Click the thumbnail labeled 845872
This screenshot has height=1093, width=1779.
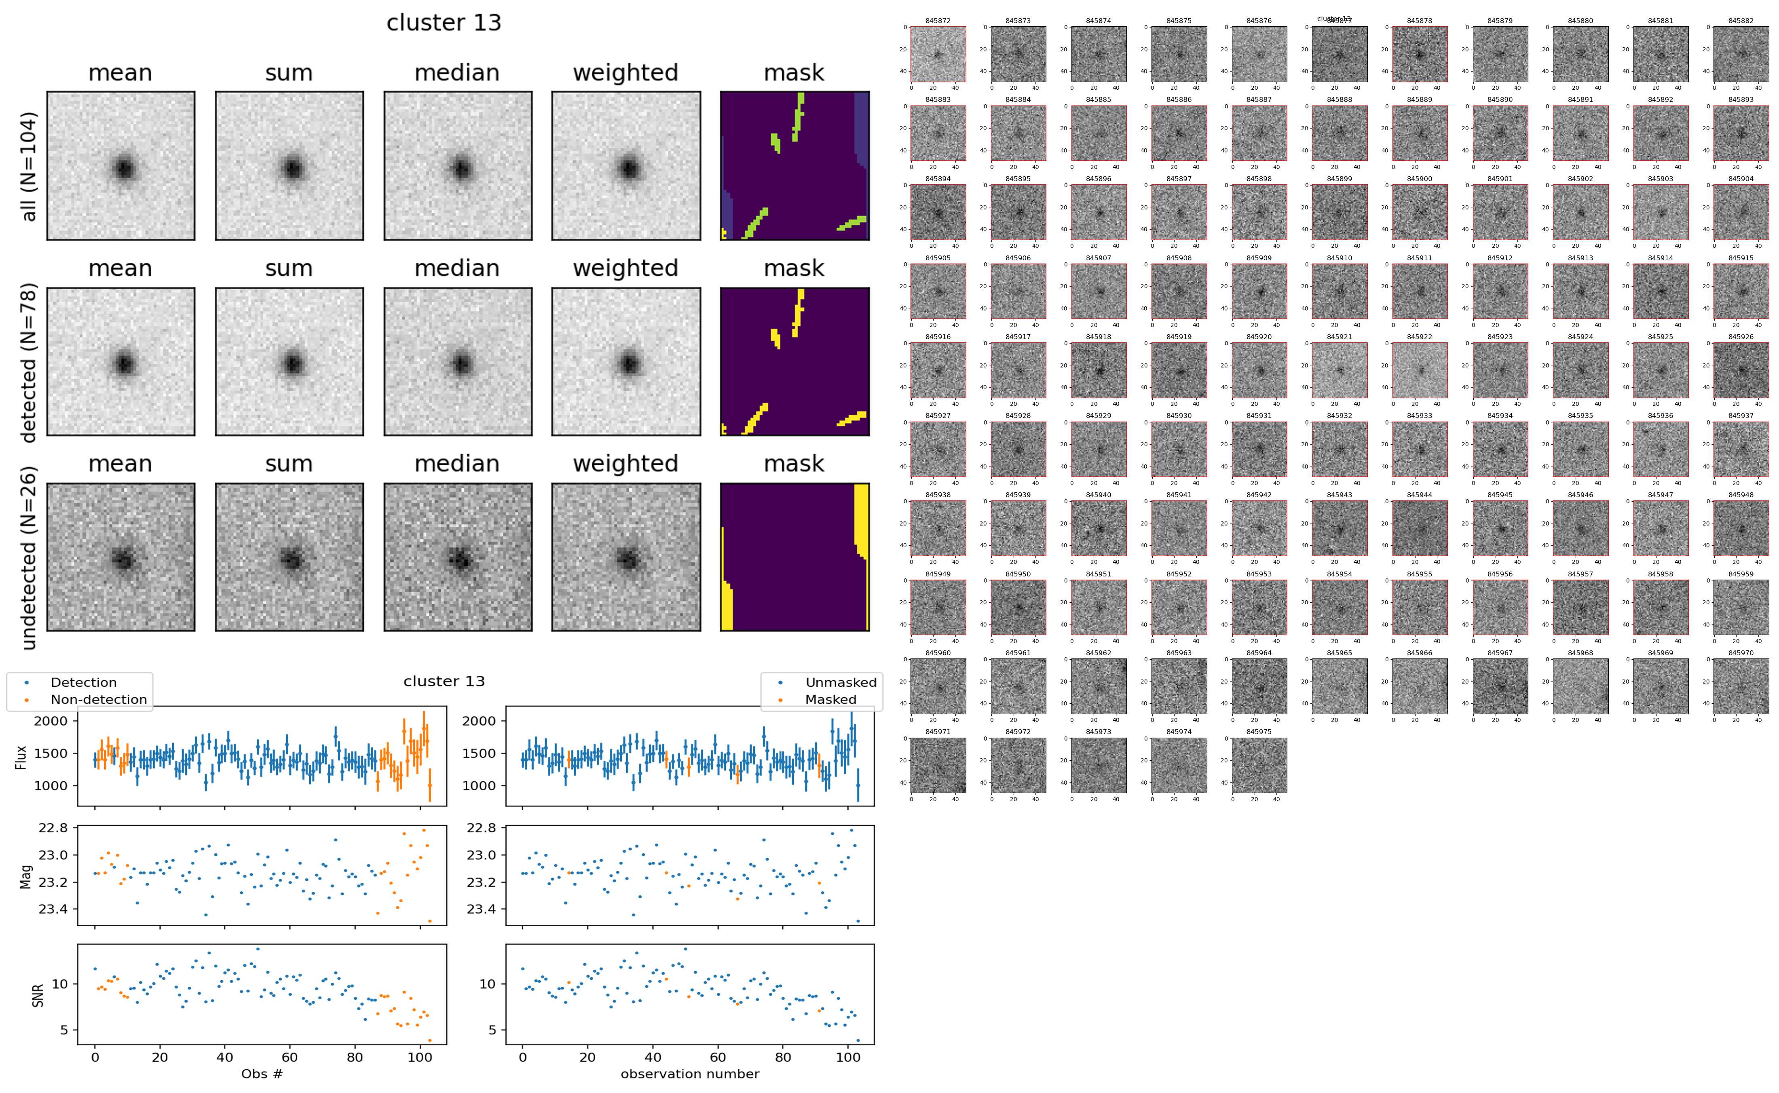click(x=938, y=54)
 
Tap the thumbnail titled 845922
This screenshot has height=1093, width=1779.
click(x=1419, y=370)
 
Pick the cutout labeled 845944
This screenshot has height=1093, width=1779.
click(x=1419, y=528)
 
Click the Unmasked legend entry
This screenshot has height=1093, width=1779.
click(x=841, y=682)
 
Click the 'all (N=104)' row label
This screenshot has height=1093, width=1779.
click(x=29, y=166)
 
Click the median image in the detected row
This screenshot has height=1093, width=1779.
click(x=458, y=361)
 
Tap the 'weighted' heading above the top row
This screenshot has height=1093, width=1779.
click(x=625, y=73)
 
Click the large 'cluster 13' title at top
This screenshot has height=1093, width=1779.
click(x=444, y=23)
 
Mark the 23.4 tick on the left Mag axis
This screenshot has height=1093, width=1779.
click(x=53, y=909)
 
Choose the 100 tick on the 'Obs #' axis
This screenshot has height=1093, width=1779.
click(x=420, y=1057)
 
